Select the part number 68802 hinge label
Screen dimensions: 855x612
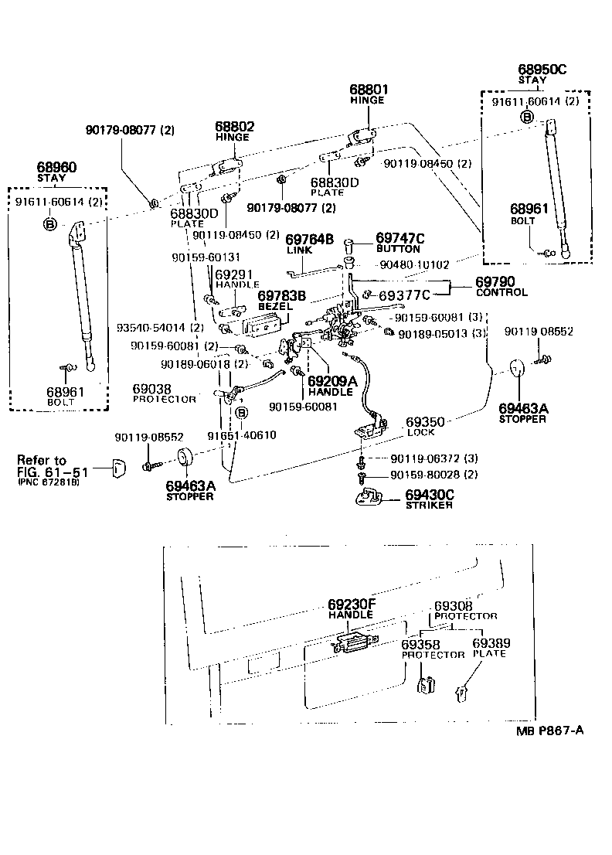234,126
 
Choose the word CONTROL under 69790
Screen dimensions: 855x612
501,293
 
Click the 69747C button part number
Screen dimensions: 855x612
400,238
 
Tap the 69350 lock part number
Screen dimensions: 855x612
425,422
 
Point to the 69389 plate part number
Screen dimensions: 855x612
491,642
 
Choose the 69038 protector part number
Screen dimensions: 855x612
151,389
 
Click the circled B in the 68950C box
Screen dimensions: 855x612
526,118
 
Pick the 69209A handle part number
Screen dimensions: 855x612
332,381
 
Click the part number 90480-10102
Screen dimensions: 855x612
414,264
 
